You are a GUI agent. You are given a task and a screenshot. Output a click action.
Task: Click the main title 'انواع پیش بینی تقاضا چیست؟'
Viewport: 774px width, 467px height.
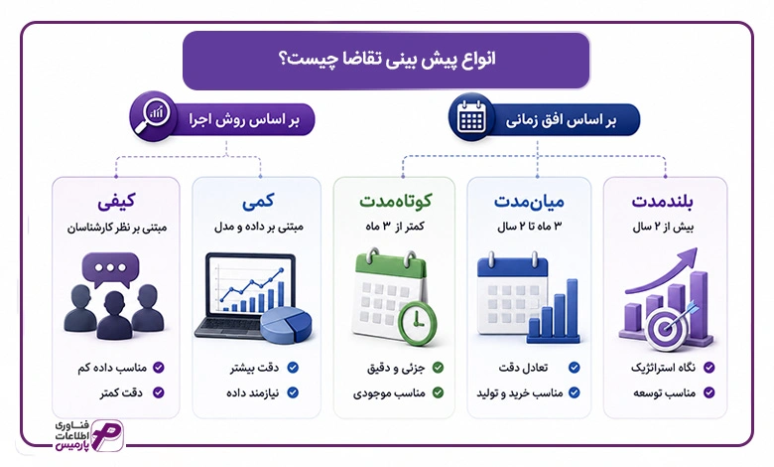point(387,60)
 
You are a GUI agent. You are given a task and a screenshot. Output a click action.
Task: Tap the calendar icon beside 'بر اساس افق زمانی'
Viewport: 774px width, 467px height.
point(471,117)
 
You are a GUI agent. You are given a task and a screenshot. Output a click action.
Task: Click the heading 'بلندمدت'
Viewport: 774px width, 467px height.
point(663,201)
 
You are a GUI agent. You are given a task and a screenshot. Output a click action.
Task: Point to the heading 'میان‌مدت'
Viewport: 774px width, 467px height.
point(529,201)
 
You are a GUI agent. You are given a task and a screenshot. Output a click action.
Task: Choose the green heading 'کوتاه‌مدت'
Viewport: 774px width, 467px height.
point(395,201)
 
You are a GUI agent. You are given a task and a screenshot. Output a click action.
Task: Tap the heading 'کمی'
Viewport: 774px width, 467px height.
point(258,202)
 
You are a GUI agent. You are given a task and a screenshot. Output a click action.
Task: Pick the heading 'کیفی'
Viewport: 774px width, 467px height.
point(116,202)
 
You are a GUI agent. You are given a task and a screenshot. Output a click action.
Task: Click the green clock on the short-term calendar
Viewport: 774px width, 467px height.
point(417,323)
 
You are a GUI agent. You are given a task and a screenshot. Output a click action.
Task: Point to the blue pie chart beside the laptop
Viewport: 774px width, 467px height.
point(286,325)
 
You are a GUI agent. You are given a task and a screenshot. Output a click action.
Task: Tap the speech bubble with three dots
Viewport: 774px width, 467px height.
point(110,270)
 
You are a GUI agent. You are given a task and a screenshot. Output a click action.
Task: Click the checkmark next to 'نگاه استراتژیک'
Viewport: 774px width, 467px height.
point(709,368)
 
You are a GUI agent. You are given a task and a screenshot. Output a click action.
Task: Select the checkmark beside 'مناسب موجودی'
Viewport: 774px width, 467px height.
point(438,392)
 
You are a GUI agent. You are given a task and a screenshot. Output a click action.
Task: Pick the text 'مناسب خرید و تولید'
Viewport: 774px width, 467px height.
point(520,392)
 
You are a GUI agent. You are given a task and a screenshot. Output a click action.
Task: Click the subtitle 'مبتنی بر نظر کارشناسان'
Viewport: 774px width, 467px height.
point(117,228)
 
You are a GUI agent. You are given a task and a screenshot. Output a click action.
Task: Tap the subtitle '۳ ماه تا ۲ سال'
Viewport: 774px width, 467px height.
point(530,227)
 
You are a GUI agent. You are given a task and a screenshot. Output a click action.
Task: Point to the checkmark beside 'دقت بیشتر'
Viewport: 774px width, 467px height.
point(293,368)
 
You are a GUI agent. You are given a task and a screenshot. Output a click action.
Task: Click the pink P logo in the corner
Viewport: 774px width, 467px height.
point(106,436)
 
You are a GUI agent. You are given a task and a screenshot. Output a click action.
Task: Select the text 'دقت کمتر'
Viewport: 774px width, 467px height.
point(121,392)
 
